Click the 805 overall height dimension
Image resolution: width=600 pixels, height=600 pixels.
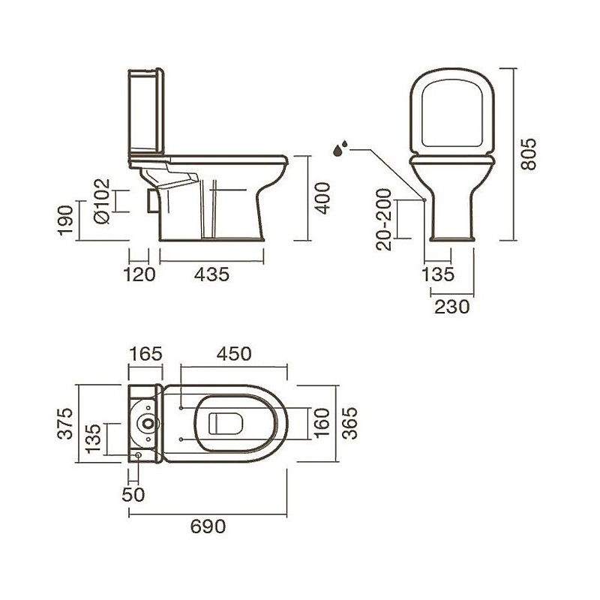[529, 154]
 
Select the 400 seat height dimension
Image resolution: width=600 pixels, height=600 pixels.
[322, 198]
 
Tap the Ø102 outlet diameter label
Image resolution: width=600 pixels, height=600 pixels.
[102, 201]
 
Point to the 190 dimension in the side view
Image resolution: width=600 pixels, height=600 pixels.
[65, 220]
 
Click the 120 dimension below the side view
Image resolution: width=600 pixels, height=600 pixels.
[139, 274]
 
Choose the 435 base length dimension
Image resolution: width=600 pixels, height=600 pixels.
[211, 274]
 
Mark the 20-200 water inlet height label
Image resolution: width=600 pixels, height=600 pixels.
[384, 220]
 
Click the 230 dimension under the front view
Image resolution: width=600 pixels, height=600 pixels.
[452, 307]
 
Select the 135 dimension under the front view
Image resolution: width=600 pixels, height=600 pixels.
[438, 274]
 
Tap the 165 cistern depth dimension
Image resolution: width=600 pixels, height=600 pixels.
[145, 354]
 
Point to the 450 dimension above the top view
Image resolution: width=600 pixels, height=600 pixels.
[234, 354]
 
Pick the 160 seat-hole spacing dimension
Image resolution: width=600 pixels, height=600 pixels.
[322, 424]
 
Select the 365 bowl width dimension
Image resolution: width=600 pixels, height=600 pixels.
[349, 423]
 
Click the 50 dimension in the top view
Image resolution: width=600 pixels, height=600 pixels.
[133, 494]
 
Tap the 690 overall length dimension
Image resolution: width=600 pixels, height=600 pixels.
[208, 526]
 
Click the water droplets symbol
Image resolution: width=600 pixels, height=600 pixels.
[340, 148]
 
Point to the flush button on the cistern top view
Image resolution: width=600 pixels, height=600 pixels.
[148, 423]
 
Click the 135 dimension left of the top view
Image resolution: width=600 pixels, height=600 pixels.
[93, 439]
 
